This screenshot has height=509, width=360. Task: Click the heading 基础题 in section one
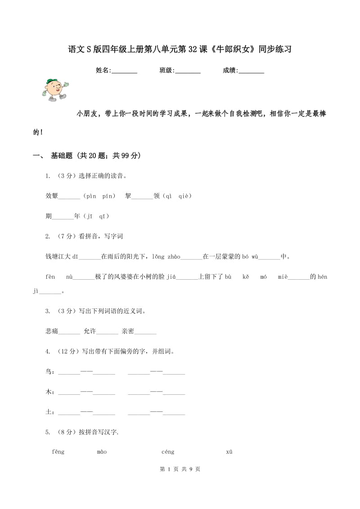[63, 156]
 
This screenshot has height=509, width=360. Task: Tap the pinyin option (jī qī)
[95, 216]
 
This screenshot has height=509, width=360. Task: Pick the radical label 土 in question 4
[49, 412]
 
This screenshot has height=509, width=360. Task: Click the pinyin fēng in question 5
[58, 452]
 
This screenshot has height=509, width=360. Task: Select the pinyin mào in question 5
[102, 452]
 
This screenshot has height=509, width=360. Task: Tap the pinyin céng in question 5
[167, 452]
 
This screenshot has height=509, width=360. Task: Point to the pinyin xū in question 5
[229, 452]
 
